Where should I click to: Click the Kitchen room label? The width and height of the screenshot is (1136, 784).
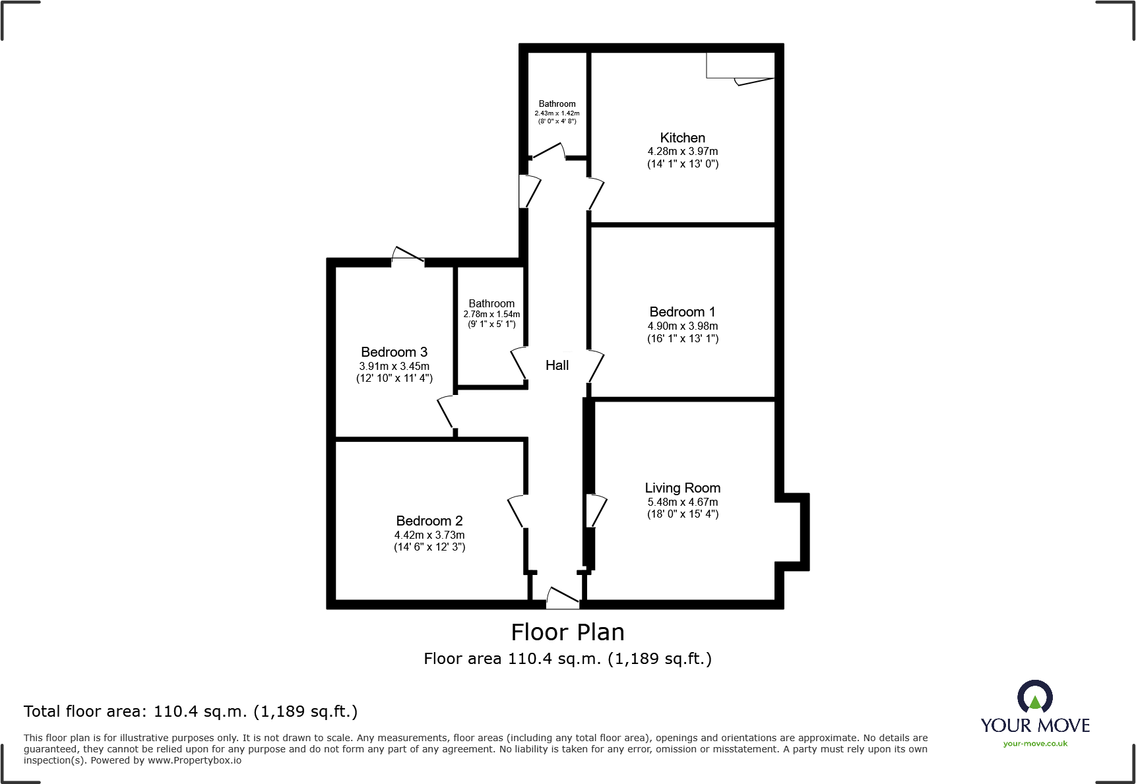point(682,138)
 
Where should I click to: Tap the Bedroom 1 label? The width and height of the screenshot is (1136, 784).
point(682,312)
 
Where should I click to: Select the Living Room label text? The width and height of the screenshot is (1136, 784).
point(682,488)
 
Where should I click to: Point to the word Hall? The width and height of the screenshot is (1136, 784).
point(557,365)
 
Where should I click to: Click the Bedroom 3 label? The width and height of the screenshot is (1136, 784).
point(394,352)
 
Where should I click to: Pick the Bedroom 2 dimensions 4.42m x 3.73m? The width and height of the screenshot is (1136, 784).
point(429,535)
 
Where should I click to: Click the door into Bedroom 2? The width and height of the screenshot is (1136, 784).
point(517,511)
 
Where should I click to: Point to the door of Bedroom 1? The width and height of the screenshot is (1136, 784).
point(595,366)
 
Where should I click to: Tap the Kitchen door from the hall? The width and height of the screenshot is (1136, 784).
point(596,194)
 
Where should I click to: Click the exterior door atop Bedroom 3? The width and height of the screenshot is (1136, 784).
point(408,256)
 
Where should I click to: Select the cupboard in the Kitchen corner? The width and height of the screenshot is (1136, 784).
point(740,65)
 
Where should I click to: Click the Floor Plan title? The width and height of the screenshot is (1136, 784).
point(567,632)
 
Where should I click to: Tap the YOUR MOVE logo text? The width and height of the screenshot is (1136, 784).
point(1034,725)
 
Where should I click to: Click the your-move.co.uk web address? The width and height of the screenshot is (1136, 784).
point(1034,744)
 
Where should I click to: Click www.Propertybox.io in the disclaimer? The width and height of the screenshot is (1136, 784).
point(194,760)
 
